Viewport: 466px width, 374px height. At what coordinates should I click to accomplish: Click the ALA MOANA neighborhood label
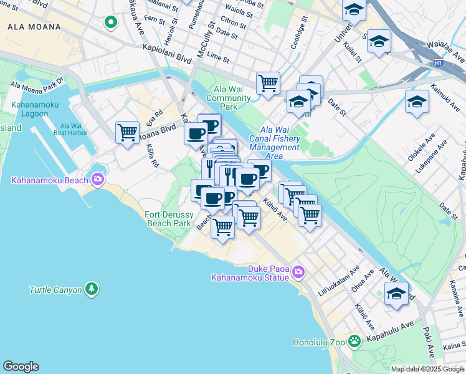click(34, 27)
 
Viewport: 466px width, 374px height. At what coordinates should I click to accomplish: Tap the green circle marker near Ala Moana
click(111, 23)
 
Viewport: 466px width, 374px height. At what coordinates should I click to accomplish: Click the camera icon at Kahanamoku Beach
click(97, 180)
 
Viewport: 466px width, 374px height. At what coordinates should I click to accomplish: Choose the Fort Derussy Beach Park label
click(168, 219)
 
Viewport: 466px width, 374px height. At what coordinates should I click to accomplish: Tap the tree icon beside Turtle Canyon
click(92, 289)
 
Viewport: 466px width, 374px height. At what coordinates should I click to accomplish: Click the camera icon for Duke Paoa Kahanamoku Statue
click(298, 271)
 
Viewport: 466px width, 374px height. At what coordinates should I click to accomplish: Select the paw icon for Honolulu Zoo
click(354, 341)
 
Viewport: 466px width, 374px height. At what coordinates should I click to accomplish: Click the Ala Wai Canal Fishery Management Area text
click(274, 147)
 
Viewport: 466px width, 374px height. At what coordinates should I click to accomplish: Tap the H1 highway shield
click(438, 62)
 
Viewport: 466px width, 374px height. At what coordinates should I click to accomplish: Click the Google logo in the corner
click(21, 367)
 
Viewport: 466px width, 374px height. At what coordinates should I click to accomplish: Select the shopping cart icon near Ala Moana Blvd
click(127, 132)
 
